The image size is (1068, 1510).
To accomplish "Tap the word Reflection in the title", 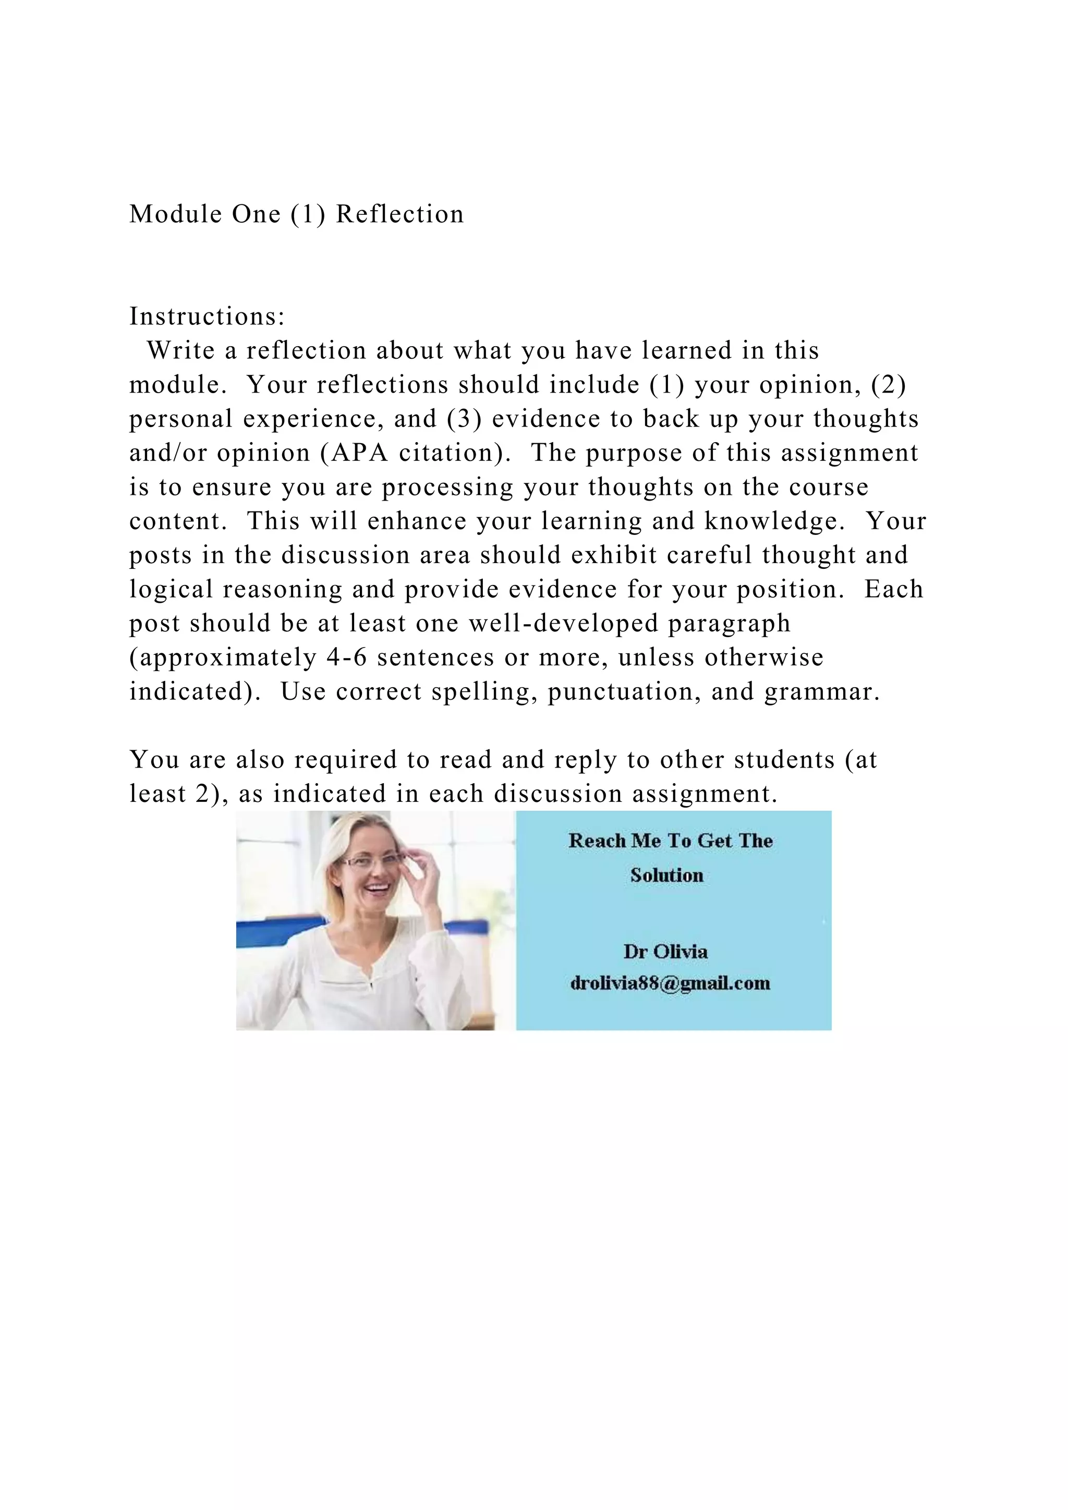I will pos(400,214).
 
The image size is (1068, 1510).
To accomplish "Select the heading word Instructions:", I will pos(207,316).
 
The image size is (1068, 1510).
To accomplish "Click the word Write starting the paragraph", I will pos(181,350).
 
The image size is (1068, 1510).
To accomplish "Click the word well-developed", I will pos(564,624).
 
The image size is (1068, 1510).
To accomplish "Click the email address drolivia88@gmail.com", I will pos(670,983).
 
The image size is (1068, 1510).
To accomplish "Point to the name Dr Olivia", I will pos(665,952).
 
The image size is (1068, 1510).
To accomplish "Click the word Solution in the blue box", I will pos(667,875).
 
